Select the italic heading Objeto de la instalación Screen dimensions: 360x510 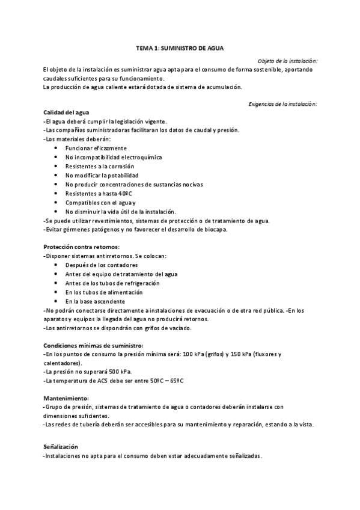287,61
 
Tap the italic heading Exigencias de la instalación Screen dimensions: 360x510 282,104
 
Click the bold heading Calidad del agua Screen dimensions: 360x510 66,112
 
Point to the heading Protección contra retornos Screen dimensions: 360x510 82,247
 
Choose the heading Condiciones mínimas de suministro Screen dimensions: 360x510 93,346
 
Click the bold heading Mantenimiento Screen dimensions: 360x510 66,399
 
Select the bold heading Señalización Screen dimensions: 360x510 61,446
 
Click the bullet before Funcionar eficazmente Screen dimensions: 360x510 56,148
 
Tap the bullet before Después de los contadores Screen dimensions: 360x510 56,265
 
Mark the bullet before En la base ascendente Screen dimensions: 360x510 56,301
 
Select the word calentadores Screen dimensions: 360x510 62,363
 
